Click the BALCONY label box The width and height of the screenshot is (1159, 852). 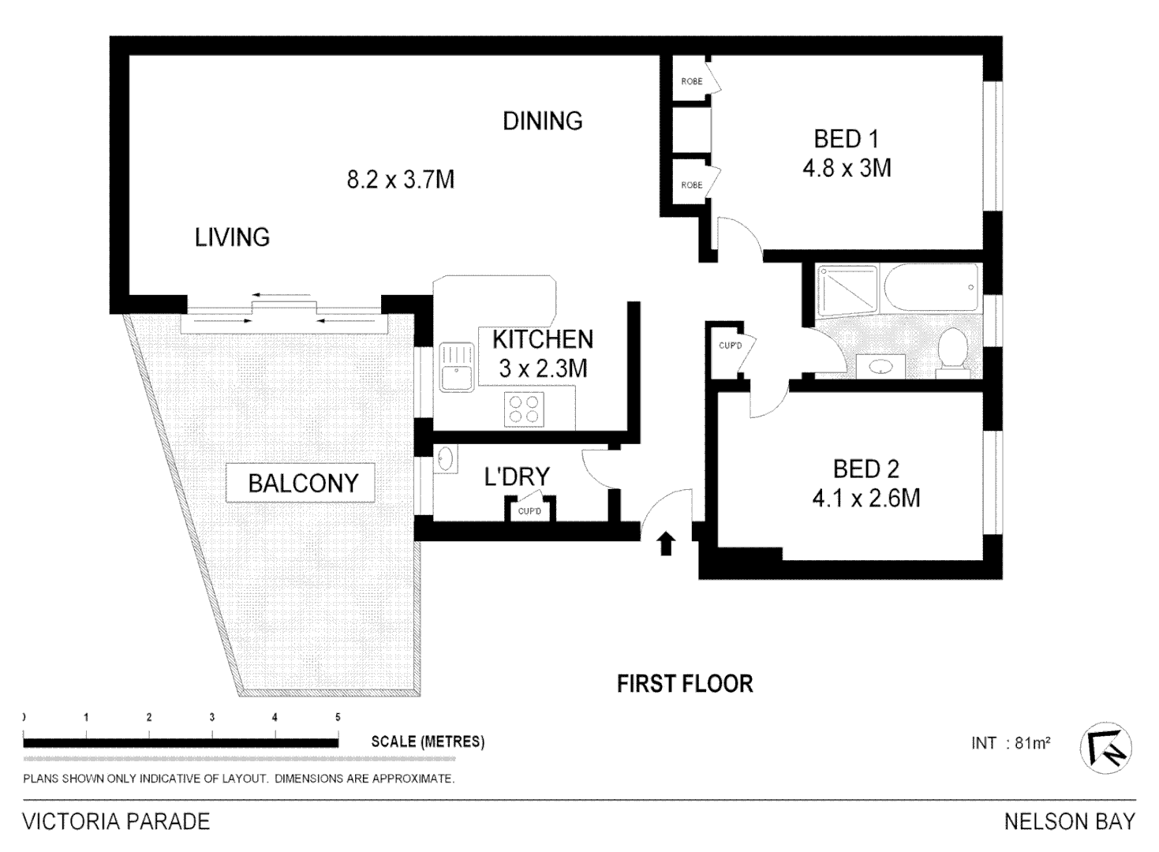pyautogui.click(x=300, y=483)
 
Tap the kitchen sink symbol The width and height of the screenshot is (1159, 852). pyautogui.click(x=456, y=367)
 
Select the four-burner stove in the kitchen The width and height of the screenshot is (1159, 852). pyautogui.click(x=524, y=409)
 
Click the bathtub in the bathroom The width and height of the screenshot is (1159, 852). pyautogui.click(x=931, y=287)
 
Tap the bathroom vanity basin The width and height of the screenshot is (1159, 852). pyautogui.click(x=880, y=366)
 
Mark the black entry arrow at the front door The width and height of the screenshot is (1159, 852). pyautogui.click(x=666, y=544)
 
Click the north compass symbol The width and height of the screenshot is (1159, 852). pyautogui.click(x=1105, y=748)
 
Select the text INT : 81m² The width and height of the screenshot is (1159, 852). pyautogui.click(x=1011, y=743)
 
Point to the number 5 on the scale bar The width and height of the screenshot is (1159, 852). pyautogui.click(x=338, y=717)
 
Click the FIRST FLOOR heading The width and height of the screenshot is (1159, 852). pyautogui.click(x=685, y=683)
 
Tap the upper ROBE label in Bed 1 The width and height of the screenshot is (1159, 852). pyautogui.click(x=692, y=81)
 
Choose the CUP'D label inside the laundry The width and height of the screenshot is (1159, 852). pyautogui.click(x=529, y=511)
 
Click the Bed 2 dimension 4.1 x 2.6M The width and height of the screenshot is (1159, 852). pyautogui.click(x=866, y=498)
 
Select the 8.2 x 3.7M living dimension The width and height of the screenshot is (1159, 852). pyautogui.click(x=401, y=180)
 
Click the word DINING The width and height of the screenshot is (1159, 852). pyautogui.click(x=543, y=121)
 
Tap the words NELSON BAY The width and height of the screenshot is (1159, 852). pyautogui.click(x=1070, y=821)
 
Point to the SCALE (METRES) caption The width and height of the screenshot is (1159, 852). pyautogui.click(x=428, y=742)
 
